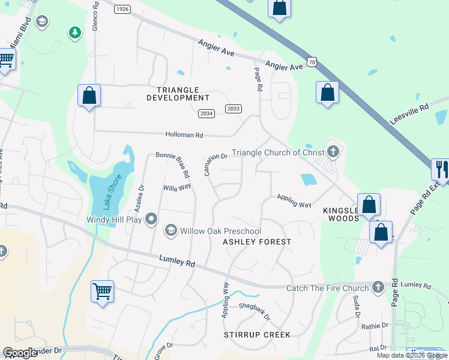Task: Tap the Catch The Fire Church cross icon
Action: (x=378, y=287)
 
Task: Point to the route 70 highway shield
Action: (x=311, y=62)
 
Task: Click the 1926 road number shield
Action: (x=122, y=8)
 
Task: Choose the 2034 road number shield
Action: (x=206, y=113)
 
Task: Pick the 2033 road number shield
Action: (x=234, y=108)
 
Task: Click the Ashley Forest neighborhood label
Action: (x=257, y=242)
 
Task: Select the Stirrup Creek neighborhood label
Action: (x=257, y=334)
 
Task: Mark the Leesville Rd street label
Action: (x=408, y=113)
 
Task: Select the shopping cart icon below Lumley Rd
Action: (x=102, y=292)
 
